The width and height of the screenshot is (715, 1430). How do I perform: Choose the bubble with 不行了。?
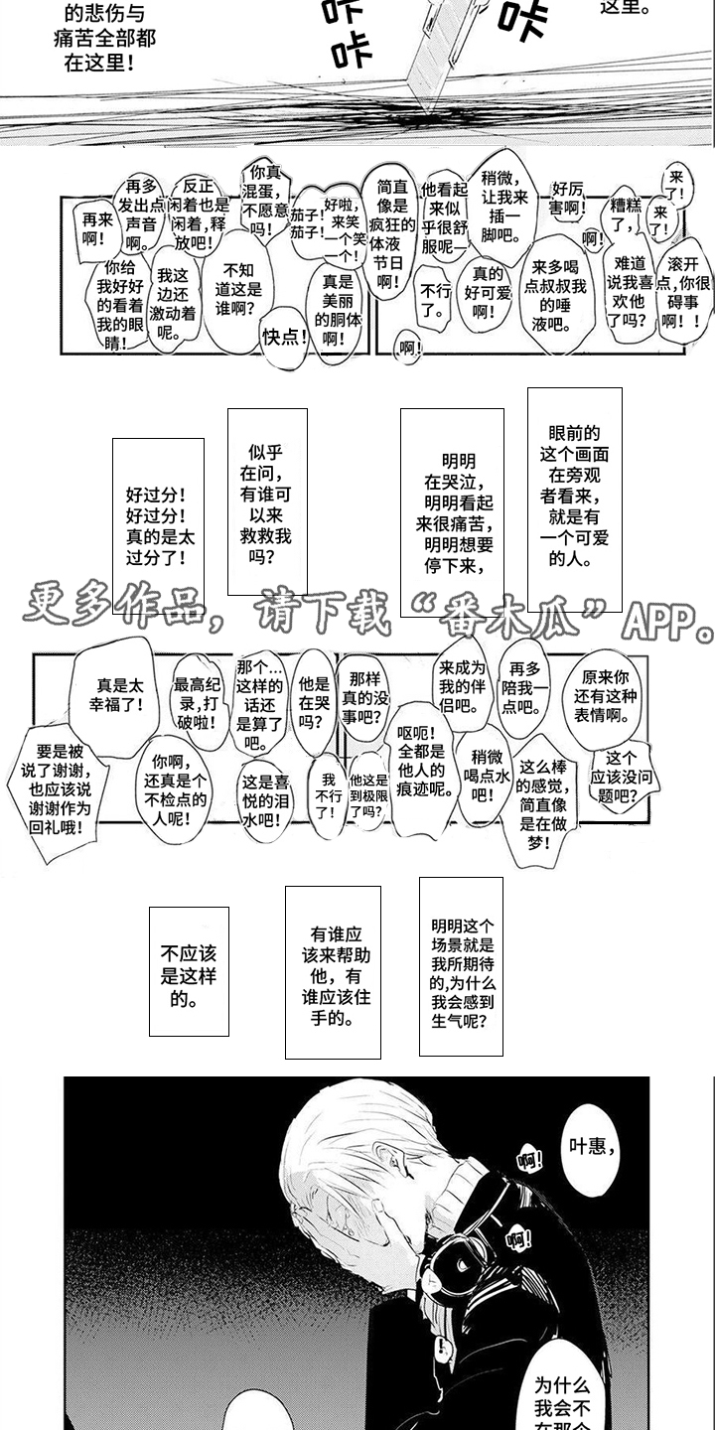click(x=434, y=299)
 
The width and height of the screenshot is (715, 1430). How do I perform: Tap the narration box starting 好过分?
click(x=157, y=522)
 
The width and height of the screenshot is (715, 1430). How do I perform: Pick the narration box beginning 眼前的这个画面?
click(x=574, y=496)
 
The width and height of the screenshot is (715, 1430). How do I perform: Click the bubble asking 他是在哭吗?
click(x=305, y=701)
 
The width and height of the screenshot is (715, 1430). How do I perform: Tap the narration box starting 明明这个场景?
click(x=461, y=964)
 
